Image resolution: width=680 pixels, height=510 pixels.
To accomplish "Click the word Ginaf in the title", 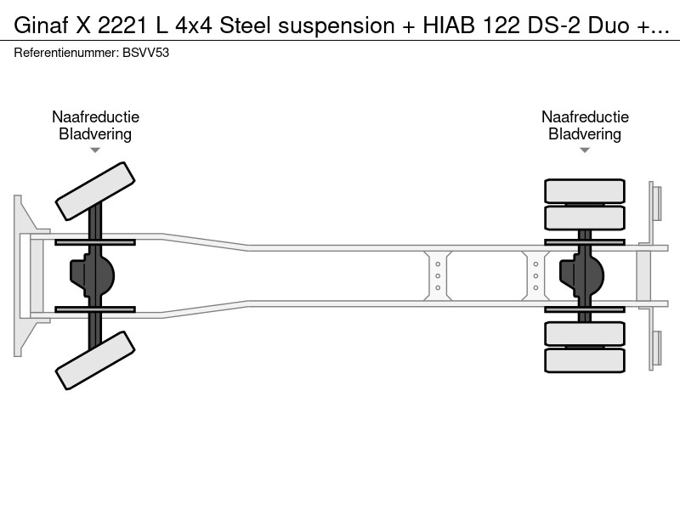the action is pyautogui.click(x=41, y=25).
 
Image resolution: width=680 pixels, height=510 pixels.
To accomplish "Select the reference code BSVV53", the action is pyautogui.click(x=145, y=53).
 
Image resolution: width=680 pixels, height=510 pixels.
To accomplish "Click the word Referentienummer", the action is pyautogui.click(x=66, y=53).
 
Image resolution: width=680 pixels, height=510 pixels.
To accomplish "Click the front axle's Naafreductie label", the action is pyautogui.click(x=95, y=116).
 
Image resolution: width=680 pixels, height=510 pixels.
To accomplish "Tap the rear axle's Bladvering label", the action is pyautogui.click(x=585, y=134).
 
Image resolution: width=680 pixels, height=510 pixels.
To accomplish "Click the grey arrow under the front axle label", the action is pyautogui.click(x=95, y=150).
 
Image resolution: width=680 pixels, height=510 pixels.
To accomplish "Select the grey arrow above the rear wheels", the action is pyautogui.click(x=585, y=150).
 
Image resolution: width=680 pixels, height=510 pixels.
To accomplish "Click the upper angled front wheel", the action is pyautogui.click(x=95, y=191).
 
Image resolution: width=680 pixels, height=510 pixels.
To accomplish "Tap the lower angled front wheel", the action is pyautogui.click(x=95, y=360).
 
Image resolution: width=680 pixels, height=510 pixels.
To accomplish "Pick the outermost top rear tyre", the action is pyautogui.click(x=585, y=190).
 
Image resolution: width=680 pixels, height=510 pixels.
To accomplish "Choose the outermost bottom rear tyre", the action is pyautogui.click(x=585, y=360).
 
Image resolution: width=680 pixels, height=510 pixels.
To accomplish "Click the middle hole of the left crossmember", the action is pyautogui.click(x=438, y=275).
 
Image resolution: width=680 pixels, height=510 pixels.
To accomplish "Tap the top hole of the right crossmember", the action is pyautogui.click(x=535, y=264).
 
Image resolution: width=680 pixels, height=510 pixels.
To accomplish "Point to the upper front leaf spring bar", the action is pyautogui.click(x=95, y=242).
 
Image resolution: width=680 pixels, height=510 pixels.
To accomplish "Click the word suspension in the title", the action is pyautogui.click(x=337, y=25).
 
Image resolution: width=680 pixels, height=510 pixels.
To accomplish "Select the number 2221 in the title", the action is pyautogui.click(x=122, y=25).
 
